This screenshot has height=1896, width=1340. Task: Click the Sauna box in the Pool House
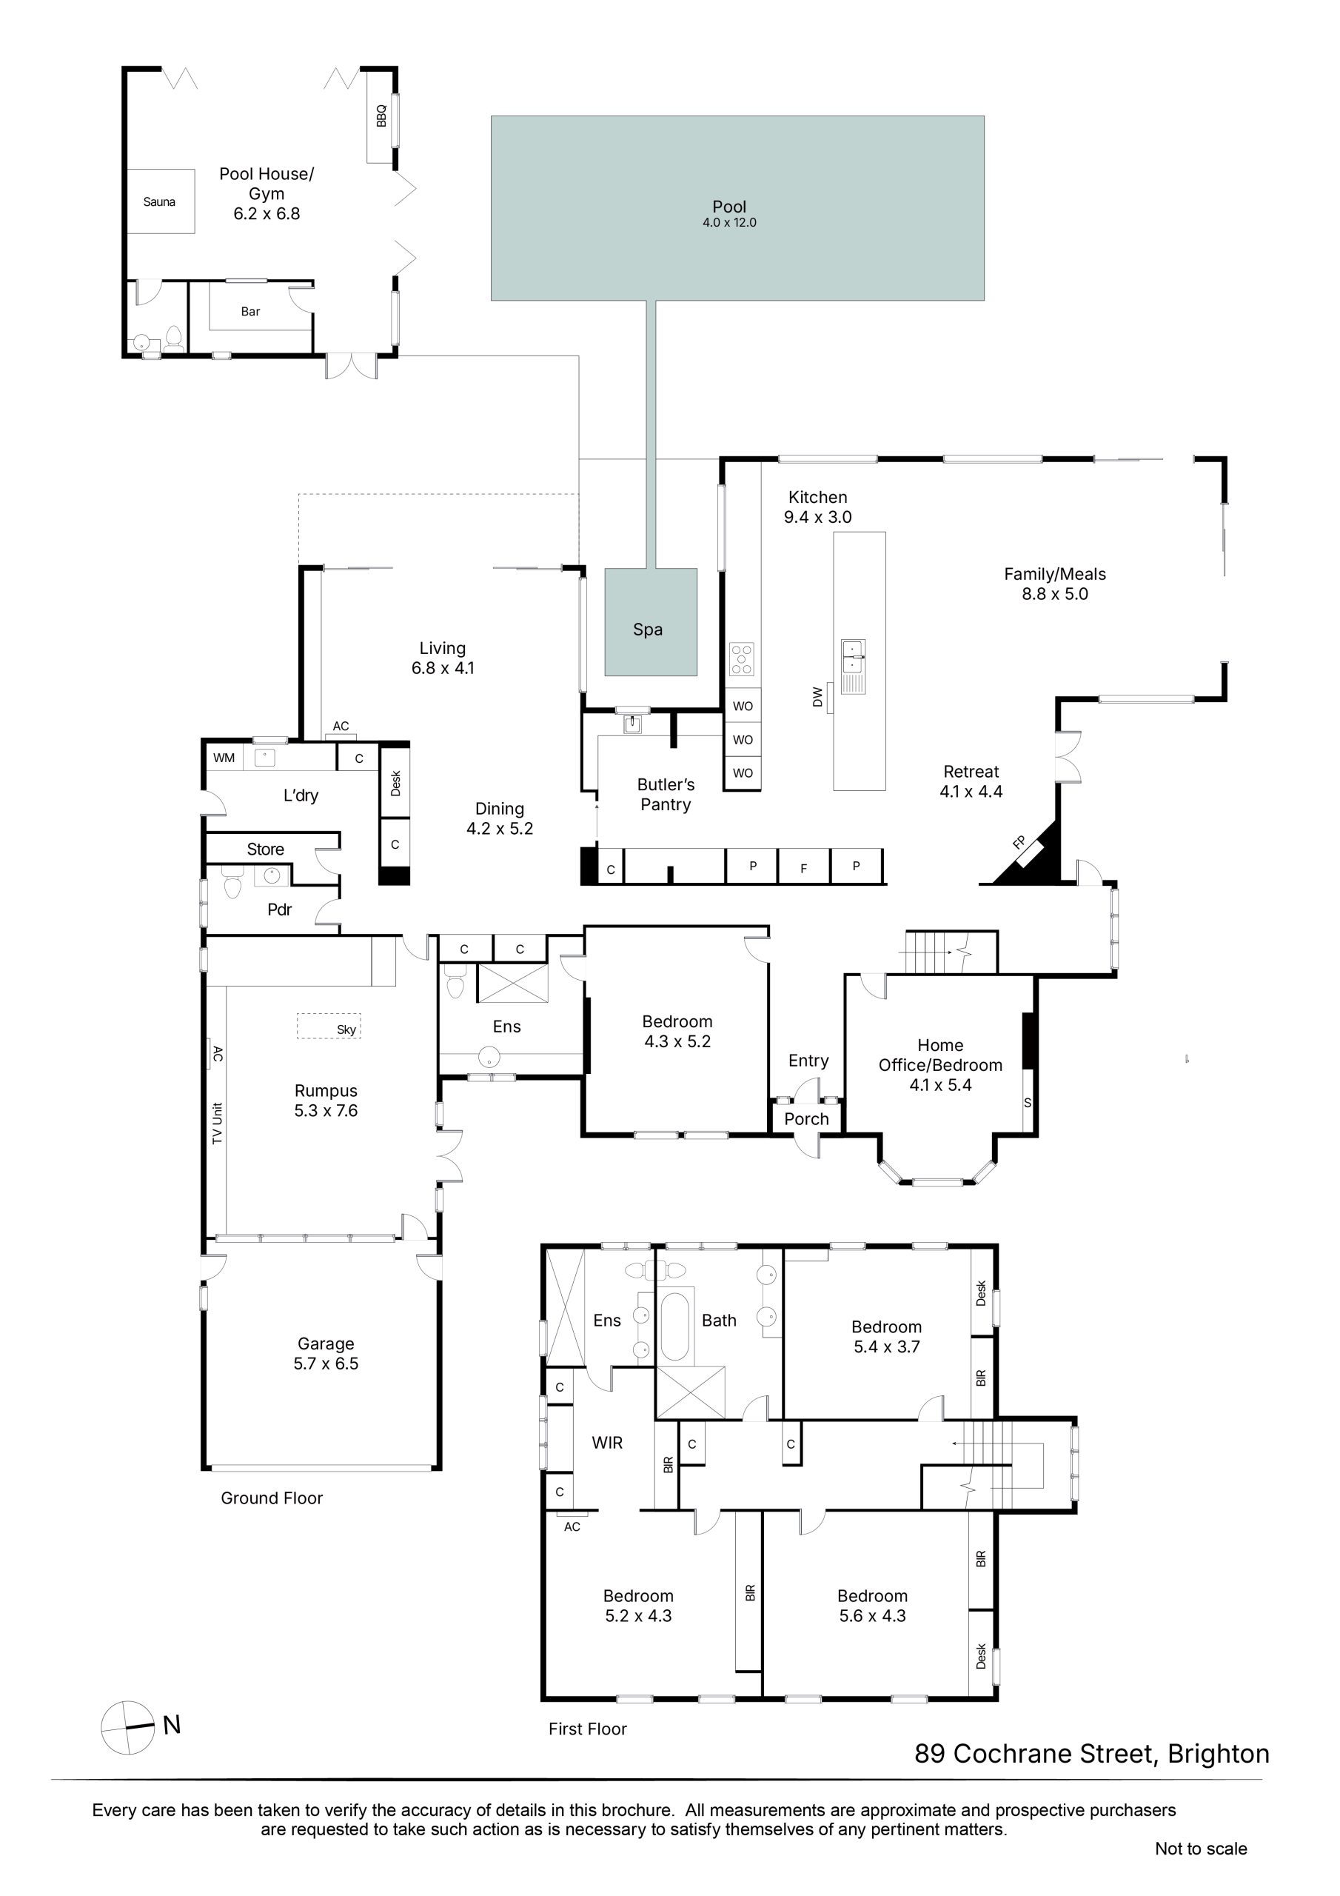click(x=160, y=201)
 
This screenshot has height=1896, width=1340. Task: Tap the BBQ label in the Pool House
click(x=381, y=116)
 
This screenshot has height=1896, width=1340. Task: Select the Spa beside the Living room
click(x=651, y=622)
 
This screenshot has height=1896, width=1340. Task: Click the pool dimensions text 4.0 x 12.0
click(x=730, y=223)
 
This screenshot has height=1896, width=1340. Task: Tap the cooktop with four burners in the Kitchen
click(x=741, y=660)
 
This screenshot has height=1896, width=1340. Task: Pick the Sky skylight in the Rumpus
click(x=329, y=1027)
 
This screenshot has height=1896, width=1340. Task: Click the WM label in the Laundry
click(x=224, y=757)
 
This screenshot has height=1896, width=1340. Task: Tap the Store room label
click(x=265, y=849)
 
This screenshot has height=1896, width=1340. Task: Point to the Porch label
click(x=807, y=1119)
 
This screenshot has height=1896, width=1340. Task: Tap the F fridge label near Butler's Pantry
click(x=803, y=869)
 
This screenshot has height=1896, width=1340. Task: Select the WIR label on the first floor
click(x=607, y=1443)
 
